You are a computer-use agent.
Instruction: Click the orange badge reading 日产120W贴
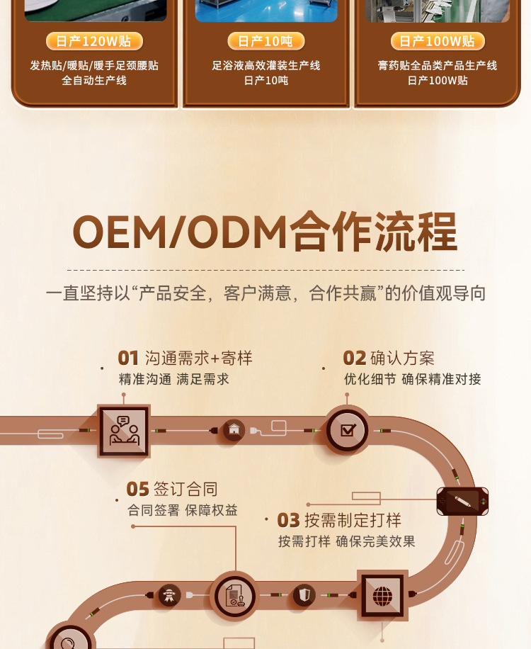click(94, 41)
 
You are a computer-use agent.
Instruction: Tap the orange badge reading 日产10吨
click(265, 41)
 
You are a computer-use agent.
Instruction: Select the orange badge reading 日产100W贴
click(437, 41)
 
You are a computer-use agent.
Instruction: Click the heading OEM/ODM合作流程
click(265, 232)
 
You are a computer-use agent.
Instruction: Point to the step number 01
click(128, 359)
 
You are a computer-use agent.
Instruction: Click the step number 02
click(354, 359)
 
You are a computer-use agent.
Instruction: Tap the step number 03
click(288, 521)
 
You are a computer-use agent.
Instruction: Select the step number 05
click(137, 489)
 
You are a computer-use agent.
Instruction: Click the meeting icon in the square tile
click(123, 431)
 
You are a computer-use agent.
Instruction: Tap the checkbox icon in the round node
click(348, 430)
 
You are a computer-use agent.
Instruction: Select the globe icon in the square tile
click(382, 596)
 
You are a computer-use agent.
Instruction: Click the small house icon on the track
click(234, 429)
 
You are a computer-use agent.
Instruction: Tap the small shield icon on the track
click(304, 594)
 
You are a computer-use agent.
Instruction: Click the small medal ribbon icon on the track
click(169, 594)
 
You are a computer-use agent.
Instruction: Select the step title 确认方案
click(402, 359)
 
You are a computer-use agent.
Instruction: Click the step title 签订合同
click(185, 489)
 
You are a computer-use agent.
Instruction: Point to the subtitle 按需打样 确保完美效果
click(346, 541)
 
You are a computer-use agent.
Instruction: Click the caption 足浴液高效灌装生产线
click(265, 65)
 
